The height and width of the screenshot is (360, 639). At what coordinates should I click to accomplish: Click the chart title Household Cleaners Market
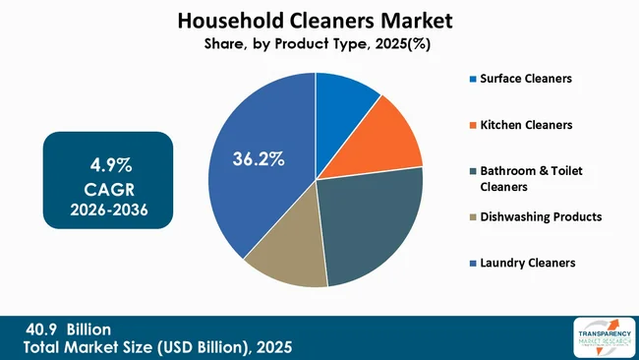[x=316, y=19]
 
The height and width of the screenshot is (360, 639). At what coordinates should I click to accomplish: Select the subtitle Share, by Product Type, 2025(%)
[x=317, y=43]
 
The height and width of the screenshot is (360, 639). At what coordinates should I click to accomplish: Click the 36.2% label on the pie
[x=259, y=157]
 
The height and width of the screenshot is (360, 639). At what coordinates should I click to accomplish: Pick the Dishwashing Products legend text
[x=540, y=216]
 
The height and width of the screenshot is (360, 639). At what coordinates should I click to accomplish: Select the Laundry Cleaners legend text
[x=528, y=263]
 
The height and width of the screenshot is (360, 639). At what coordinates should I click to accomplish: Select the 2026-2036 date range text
[x=108, y=209]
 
